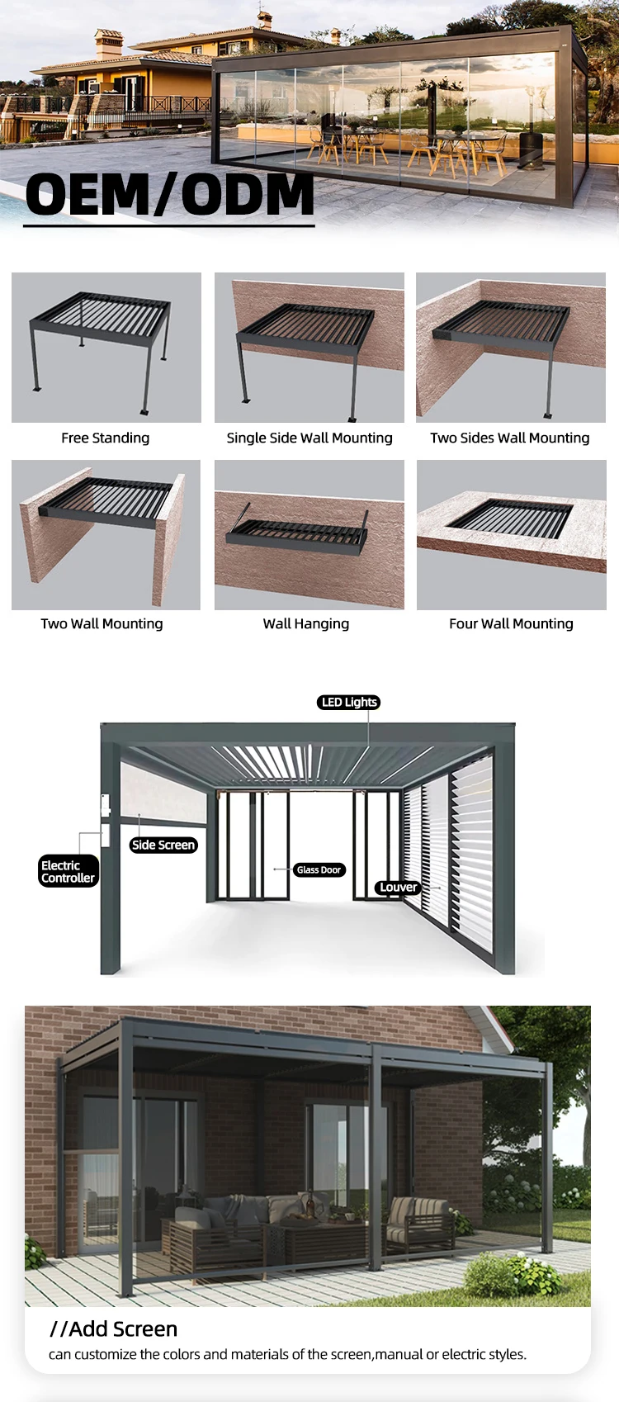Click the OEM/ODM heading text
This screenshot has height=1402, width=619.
[169, 195]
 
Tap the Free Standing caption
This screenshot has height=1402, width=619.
[105, 438]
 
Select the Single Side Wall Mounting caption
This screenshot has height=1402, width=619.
[309, 438]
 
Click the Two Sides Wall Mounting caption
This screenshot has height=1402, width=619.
[510, 438]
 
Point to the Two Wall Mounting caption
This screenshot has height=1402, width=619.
[102, 623]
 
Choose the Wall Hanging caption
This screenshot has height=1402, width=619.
[306, 623]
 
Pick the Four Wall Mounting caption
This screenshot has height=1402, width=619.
[511, 623]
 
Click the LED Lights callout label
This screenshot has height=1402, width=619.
[349, 702]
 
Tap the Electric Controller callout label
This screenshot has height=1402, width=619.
[68, 871]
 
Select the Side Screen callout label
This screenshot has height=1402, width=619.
[163, 845]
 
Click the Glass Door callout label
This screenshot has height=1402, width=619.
[319, 869]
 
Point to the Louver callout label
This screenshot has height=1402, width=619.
[398, 887]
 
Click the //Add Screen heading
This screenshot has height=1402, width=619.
[114, 1329]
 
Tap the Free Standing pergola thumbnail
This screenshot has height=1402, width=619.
[106, 348]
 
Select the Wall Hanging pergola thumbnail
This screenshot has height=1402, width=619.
[309, 534]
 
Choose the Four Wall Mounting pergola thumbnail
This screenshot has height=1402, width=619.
[512, 534]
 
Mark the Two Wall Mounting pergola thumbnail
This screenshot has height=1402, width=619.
[106, 534]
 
